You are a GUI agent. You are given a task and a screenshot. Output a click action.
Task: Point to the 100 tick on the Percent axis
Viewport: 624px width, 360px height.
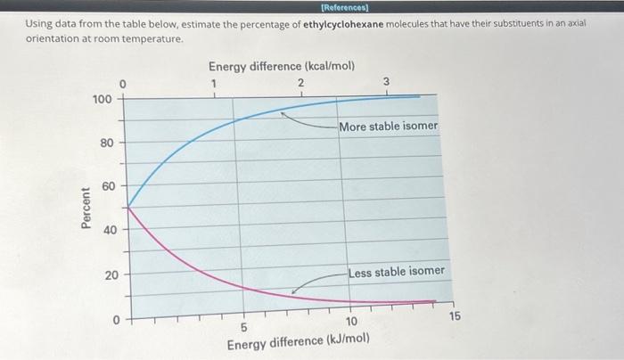[x=103, y=98]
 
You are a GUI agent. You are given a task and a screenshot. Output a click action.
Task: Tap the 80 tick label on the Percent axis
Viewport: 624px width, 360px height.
[x=105, y=142]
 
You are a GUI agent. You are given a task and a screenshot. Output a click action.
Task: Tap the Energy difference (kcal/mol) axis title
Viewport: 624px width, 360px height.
[x=281, y=66]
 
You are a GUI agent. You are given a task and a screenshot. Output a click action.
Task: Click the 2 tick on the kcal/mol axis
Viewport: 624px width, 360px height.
[x=300, y=83]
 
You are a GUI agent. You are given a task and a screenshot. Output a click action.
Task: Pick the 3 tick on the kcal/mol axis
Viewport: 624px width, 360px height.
[x=386, y=83]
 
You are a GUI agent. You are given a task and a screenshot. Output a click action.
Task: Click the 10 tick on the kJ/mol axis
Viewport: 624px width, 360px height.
[x=351, y=321]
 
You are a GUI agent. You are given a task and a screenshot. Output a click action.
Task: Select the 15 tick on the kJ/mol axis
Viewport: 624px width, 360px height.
[x=456, y=316]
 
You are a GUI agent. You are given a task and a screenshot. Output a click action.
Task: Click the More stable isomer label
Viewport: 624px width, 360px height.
[x=388, y=126]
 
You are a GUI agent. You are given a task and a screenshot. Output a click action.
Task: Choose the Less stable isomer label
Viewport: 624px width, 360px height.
[x=396, y=271]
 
